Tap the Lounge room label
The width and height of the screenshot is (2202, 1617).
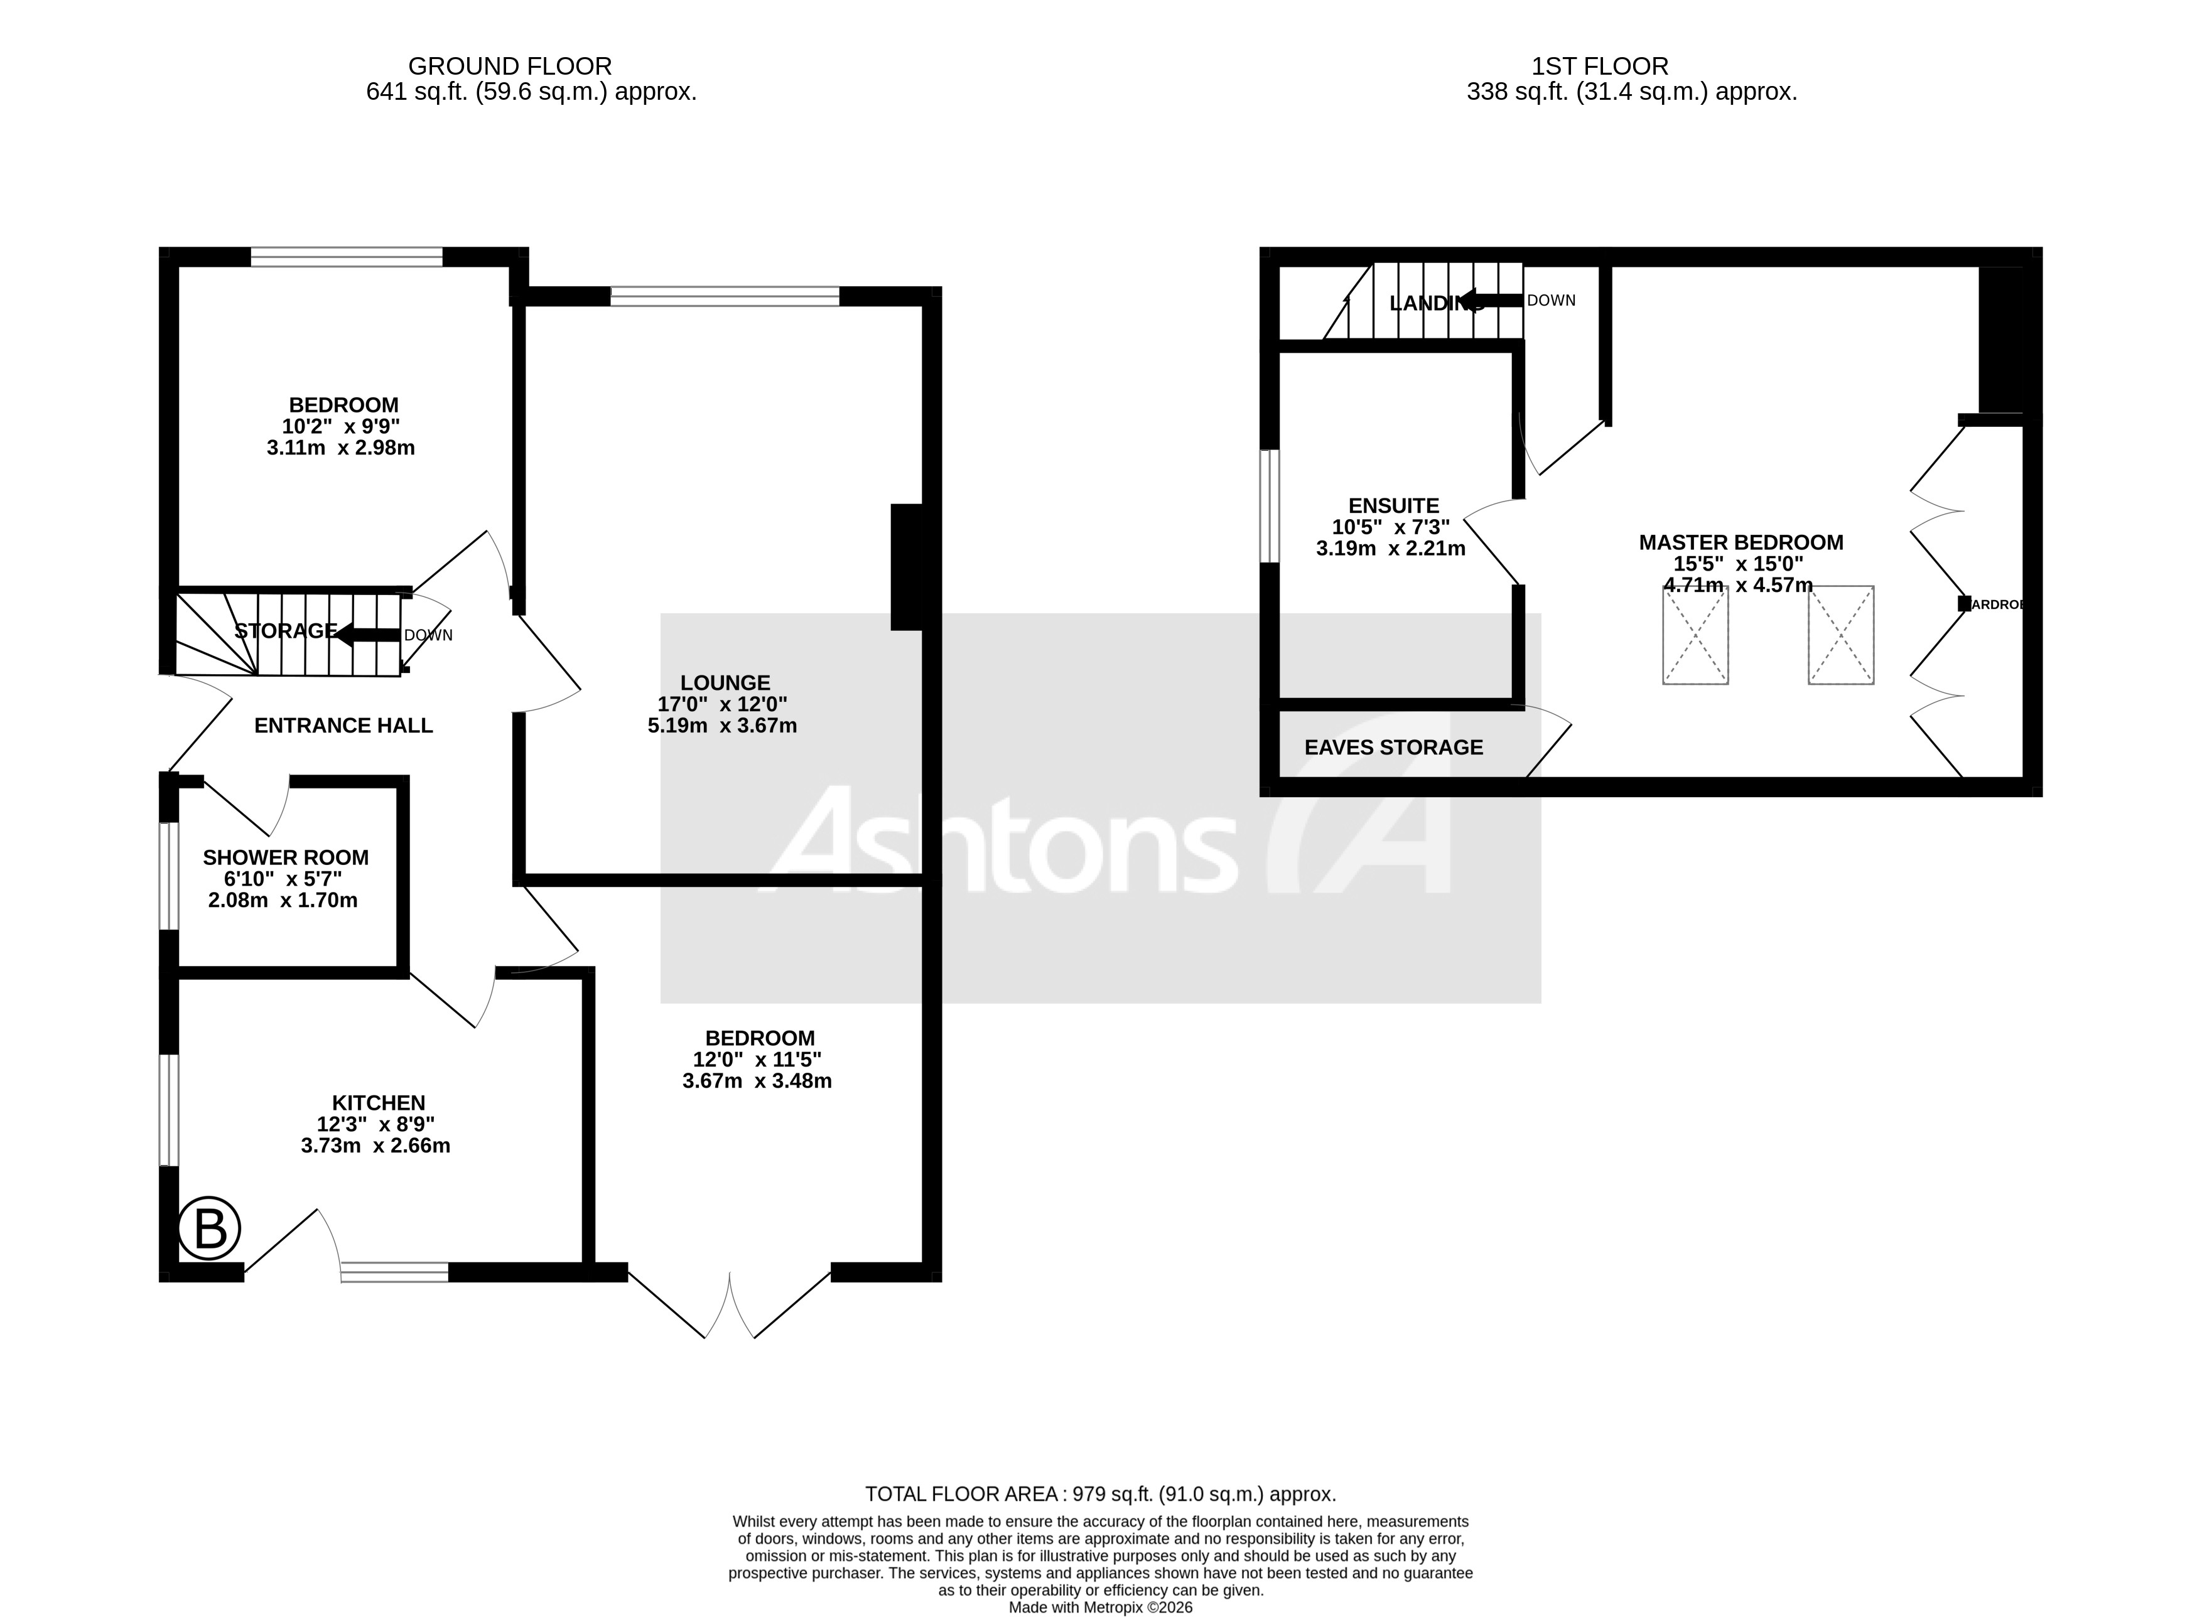point(725,683)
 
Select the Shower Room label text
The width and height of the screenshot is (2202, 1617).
point(285,857)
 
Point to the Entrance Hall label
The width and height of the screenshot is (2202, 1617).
point(343,725)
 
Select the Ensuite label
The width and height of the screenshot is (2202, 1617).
point(1393,506)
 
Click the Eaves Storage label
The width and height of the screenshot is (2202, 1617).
point(1393,748)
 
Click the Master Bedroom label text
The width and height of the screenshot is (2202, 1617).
point(1741,542)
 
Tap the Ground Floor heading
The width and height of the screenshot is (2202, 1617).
point(509,67)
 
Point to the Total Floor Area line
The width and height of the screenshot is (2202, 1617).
point(1101,1495)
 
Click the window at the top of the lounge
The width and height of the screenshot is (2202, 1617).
point(725,296)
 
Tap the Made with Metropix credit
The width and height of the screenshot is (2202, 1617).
point(1101,1607)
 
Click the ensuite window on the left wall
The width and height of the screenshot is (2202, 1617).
point(1269,506)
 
